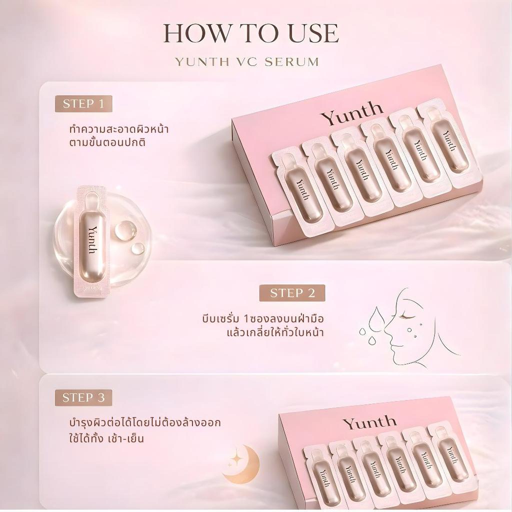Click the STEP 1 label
tap(83, 104)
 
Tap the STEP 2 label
tap(292, 293)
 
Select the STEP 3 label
tap(83, 397)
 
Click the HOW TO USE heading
tap(251, 33)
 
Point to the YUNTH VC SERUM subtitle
tap(247, 62)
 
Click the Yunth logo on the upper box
tap(351, 113)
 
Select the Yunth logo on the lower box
tap(369, 422)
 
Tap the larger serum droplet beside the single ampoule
tap(126, 229)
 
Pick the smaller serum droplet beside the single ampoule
tap(137, 248)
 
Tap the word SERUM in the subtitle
tap(291, 62)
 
